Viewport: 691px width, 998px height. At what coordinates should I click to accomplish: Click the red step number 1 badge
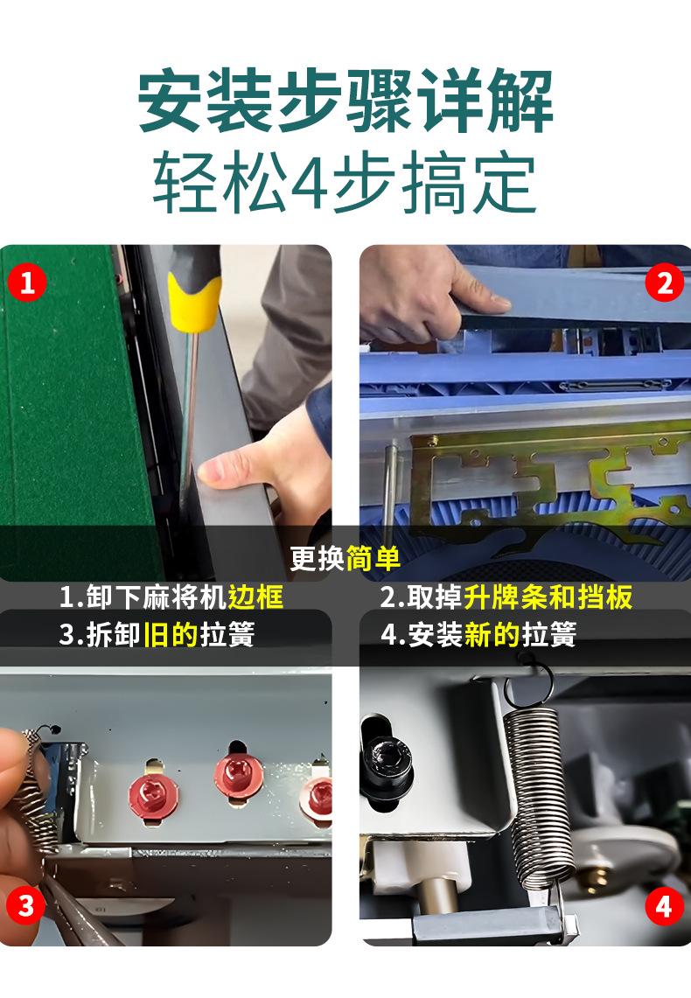tap(27, 282)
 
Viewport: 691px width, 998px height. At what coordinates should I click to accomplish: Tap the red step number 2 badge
tap(664, 283)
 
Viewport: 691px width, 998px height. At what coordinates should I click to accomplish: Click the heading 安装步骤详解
tap(345, 101)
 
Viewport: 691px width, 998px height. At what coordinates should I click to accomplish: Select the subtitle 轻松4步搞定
tap(345, 182)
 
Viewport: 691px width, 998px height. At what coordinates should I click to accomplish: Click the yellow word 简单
tap(373, 559)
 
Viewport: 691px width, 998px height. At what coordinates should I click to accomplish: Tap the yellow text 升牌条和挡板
tap(548, 597)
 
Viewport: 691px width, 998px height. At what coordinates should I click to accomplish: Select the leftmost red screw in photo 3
tap(153, 795)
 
